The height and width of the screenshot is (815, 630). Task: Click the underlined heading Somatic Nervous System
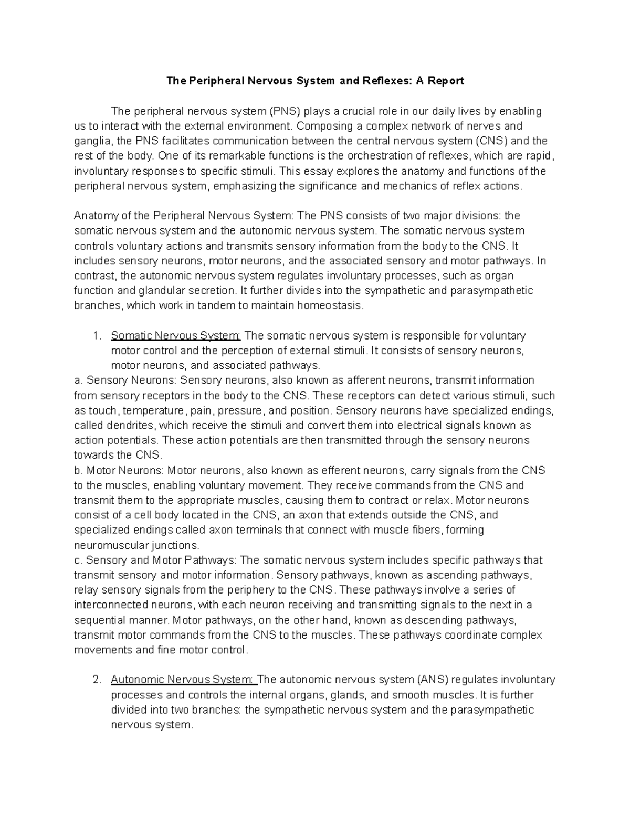(176, 335)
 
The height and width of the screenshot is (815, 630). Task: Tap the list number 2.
(96, 680)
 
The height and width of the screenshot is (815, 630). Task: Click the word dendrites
(133, 425)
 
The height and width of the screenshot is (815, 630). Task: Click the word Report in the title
(446, 81)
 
